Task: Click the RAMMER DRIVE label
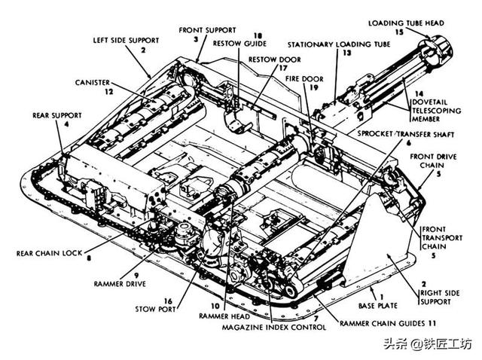pyautogui.click(x=120, y=284)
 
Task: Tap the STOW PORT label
pyautogui.click(x=157, y=309)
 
